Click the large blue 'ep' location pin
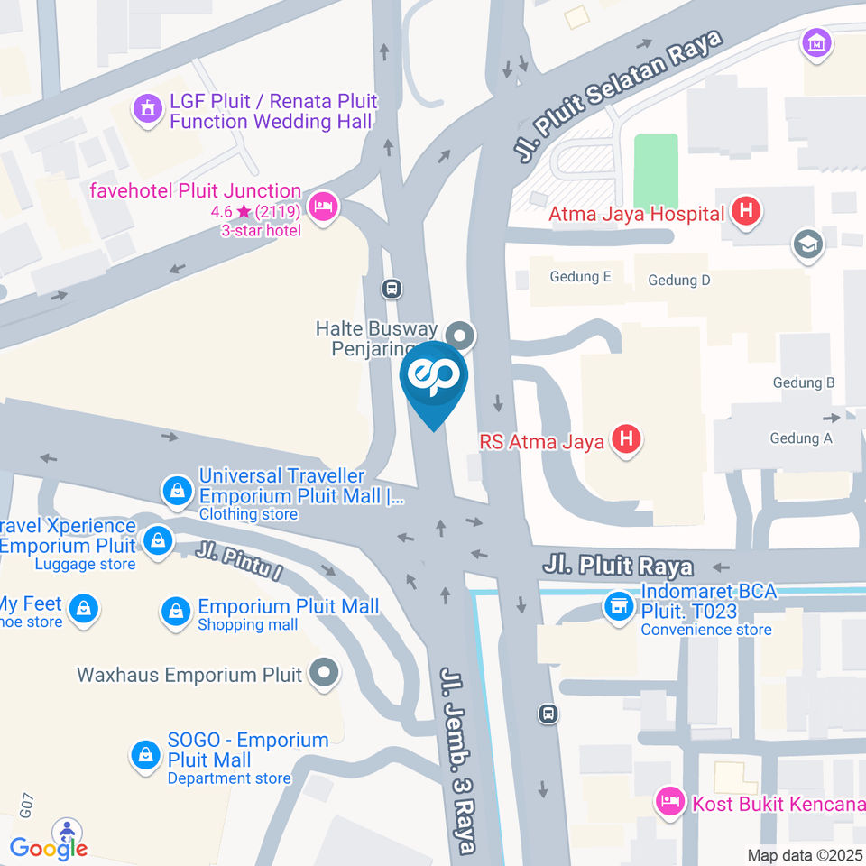[434, 380]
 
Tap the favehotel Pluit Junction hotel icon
[322, 207]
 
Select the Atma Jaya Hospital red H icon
[746, 213]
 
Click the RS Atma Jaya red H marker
[626, 440]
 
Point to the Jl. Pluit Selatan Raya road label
[621, 97]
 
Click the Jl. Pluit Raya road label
[618, 567]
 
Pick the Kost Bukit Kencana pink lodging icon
[669, 800]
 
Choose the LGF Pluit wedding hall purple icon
[144, 110]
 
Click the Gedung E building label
[581, 277]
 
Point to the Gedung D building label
[679, 280]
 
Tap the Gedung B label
[803, 382]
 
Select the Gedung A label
[801, 438]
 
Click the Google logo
[49, 848]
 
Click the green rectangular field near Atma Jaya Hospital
[656, 172]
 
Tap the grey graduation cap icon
[807, 244]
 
